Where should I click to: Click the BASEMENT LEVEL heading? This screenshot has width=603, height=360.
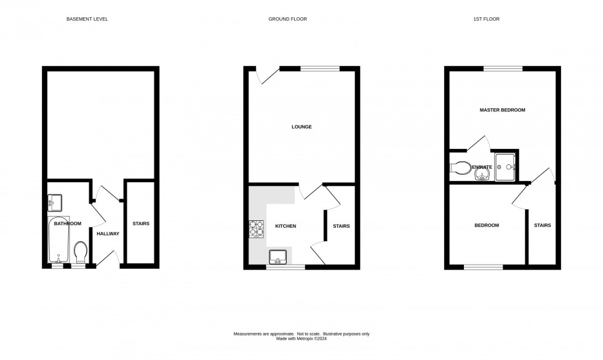pyautogui.click(x=87, y=19)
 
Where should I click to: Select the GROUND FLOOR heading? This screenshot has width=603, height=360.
pyautogui.click(x=287, y=19)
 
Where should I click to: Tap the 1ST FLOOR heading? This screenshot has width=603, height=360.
pyautogui.click(x=486, y=19)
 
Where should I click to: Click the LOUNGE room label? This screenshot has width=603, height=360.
pyautogui.click(x=301, y=127)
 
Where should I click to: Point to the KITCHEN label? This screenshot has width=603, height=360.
pyautogui.click(x=286, y=226)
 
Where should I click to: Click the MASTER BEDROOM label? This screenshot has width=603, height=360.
pyautogui.click(x=503, y=110)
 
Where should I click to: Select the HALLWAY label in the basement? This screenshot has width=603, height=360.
pyautogui.click(x=108, y=234)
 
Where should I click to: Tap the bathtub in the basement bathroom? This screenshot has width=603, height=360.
pyautogui.click(x=59, y=240)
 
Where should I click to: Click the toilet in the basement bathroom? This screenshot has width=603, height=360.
pyautogui.click(x=81, y=250)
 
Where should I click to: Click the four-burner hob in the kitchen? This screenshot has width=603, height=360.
pyautogui.click(x=257, y=228)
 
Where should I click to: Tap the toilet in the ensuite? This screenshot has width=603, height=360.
pyautogui.click(x=460, y=167)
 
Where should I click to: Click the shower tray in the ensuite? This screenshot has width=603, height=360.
pyautogui.click(x=505, y=167)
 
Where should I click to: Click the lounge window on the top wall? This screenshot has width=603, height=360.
pyautogui.click(x=319, y=68)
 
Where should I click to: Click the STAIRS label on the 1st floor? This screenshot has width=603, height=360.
pyautogui.click(x=542, y=226)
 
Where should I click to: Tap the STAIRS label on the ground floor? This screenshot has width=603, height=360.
pyautogui.click(x=341, y=226)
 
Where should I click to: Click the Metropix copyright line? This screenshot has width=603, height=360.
pyautogui.click(x=301, y=338)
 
